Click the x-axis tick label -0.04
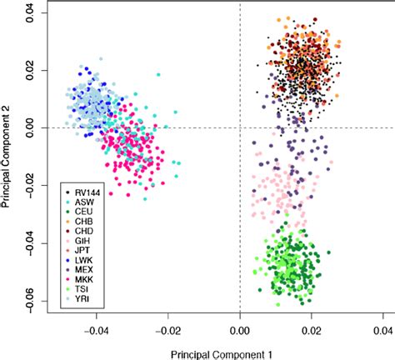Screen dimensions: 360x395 97,330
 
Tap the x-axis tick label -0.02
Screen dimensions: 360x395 168,330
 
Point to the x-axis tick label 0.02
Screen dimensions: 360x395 312,330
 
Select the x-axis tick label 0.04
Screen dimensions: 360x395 382,330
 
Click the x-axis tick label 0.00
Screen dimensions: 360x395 240,330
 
